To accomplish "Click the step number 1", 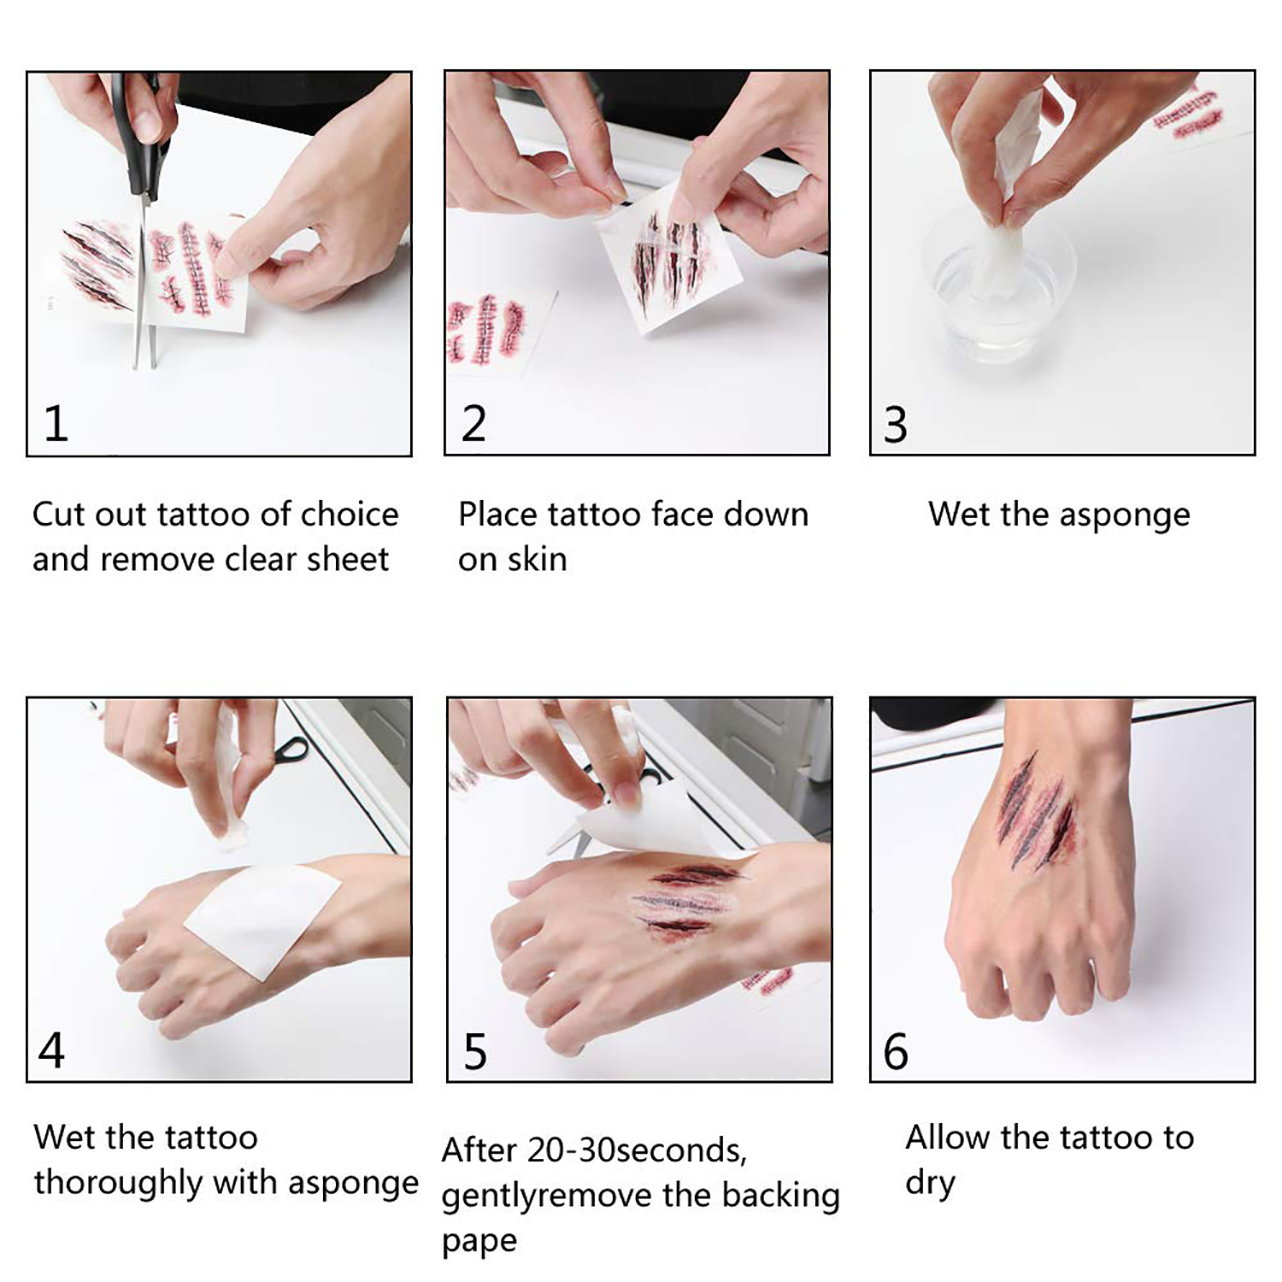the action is click(56, 424).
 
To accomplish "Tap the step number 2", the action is click(473, 424).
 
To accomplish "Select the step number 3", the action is click(895, 425).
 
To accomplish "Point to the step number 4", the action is click(51, 1050).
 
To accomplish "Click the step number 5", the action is click(475, 1051).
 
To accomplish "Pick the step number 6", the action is click(896, 1051).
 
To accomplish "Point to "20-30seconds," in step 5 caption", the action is click(638, 1150).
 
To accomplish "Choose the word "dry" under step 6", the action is click(930, 1184).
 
